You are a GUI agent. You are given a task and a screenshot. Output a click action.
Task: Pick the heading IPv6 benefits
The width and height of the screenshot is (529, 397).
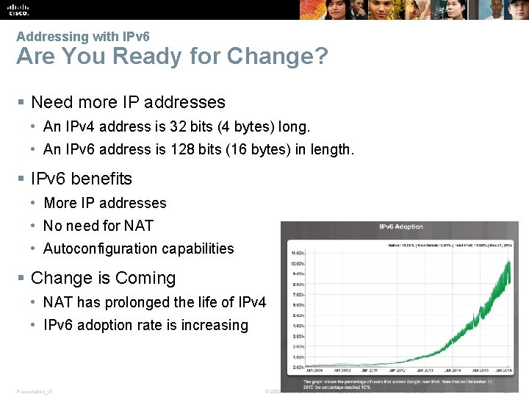81,179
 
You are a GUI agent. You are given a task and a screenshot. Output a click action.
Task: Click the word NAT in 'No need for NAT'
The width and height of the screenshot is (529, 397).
140,226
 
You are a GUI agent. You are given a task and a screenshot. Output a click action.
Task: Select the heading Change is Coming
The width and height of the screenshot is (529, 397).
103,278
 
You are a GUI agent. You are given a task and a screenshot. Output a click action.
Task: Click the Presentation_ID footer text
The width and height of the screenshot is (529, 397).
35,391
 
